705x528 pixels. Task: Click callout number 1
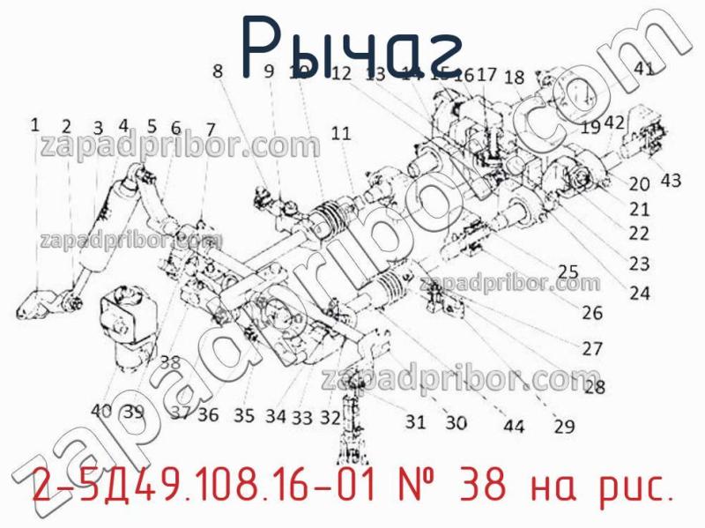35,125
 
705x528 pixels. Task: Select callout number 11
341,133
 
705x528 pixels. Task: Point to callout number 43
671,181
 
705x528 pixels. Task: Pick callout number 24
640,294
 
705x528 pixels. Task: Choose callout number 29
564,427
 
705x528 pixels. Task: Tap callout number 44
514,427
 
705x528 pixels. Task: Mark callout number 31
415,422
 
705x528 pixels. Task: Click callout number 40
101,411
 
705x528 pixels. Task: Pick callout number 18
515,77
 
